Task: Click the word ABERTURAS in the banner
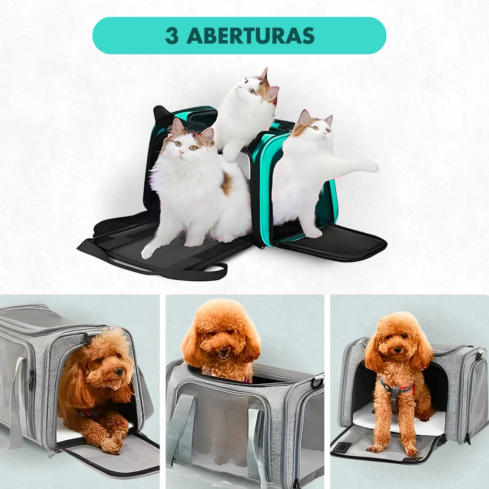(x=250, y=36)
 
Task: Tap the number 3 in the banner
(x=172, y=36)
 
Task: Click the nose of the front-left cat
(x=181, y=152)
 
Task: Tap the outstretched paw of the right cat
(x=371, y=167)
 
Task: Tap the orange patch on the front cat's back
(x=227, y=183)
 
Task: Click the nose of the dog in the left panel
(x=119, y=372)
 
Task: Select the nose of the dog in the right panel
(x=398, y=350)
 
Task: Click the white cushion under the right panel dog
(x=399, y=422)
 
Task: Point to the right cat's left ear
(x=304, y=117)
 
